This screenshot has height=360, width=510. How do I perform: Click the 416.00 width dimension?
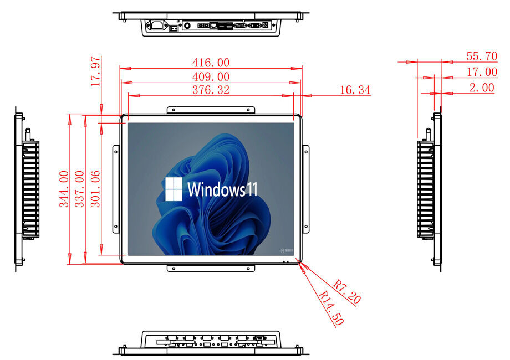[211, 62]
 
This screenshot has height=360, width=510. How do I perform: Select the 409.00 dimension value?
[211, 76]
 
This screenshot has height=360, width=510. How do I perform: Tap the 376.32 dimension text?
[211, 90]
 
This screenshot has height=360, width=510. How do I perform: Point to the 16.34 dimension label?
[355, 90]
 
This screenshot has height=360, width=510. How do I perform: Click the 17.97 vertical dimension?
[95, 71]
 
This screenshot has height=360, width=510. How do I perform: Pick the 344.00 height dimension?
[64, 189]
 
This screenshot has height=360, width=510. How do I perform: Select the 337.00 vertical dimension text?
[79, 189]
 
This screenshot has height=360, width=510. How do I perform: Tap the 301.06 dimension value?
[95, 189]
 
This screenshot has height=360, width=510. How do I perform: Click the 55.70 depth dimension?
[482, 56]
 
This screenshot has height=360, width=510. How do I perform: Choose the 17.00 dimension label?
[482, 71]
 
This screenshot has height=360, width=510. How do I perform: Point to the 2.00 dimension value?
[482, 87]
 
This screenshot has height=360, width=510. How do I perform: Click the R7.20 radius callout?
[346, 292]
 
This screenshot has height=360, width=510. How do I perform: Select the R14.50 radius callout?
[331, 308]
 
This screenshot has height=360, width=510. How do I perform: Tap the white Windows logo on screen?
[174, 189]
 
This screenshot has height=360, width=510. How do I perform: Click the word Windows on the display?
[216, 189]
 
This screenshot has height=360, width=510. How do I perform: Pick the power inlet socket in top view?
[157, 25]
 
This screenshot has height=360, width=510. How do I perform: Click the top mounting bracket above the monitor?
[211, 110]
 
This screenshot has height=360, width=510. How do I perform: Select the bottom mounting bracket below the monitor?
[211, 269]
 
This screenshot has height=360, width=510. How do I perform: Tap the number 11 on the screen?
[252, 189]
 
